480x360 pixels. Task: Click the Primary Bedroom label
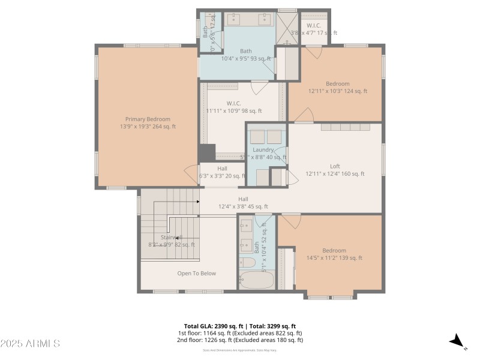click(148, 119)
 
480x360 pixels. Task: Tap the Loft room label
click(335, 166)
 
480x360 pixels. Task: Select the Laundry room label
click(263, 149)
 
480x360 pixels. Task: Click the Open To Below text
click(196, 273)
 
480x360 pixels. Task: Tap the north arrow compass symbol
click(457, 341)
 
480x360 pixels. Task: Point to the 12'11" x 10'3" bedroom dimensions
click(337, 91)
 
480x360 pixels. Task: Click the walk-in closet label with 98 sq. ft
click(234, 110)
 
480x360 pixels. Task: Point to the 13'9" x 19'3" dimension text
click(148, 127)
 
